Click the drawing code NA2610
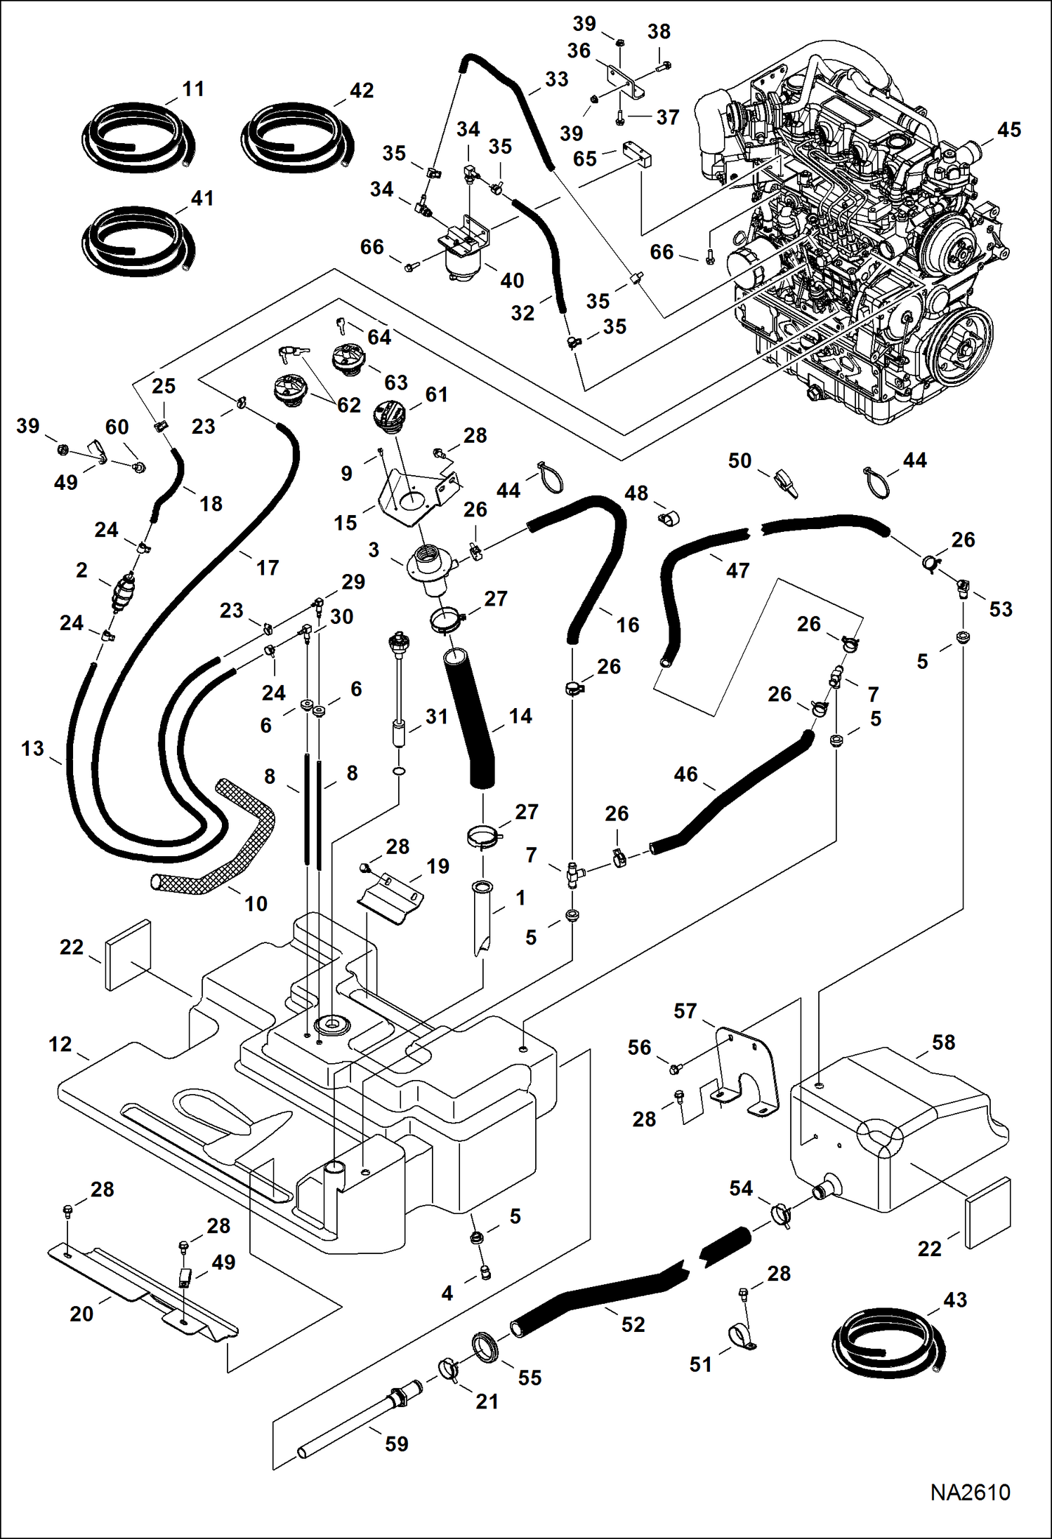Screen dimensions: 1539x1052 (x=970, y=1492)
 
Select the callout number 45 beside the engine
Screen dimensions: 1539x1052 (x=1008, y=130)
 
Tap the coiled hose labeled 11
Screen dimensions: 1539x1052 (x=137, y=138)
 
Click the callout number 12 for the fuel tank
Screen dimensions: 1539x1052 (x=60, y=1044)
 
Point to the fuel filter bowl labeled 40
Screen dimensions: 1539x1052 (x=466, y=264)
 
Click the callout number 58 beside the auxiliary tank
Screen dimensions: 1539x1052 (x=943, y=1042)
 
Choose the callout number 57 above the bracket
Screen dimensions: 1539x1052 (x=685, y=1011)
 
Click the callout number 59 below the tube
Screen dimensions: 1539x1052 (x=396, y=1444)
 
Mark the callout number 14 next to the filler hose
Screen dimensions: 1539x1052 (x=520, y=716)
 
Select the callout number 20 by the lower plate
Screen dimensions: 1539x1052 (x=81, y=1313)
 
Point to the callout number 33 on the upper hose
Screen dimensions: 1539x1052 (x=556, y=79)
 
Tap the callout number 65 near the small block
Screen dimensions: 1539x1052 (x=584, y=159)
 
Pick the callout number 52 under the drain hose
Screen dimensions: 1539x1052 (x=633, y=1324)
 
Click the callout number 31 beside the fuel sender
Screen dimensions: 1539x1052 (x=436, y=716)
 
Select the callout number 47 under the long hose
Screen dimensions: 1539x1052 (x=737, y=570)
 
